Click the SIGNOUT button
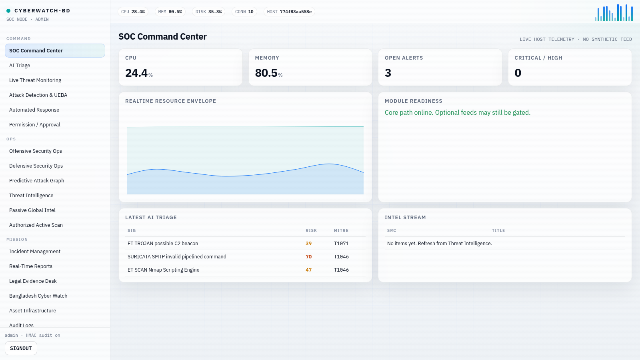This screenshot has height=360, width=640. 21,348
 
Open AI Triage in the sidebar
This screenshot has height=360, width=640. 20,66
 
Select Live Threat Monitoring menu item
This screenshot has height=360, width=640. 35,80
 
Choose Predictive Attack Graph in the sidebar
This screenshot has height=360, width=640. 36,180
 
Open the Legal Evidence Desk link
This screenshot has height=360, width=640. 33,281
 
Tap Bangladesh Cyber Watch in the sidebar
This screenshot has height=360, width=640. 38,296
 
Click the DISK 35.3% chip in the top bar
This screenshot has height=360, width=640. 208,12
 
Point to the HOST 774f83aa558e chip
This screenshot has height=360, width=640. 289,12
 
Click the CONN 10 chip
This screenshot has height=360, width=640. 244,12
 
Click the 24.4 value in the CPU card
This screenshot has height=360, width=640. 136,73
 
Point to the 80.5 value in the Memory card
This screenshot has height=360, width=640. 266,73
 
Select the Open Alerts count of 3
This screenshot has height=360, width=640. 388,73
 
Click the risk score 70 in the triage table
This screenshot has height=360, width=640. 308,256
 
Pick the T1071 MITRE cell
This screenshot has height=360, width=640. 341,244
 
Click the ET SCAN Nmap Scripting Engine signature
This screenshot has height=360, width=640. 164,270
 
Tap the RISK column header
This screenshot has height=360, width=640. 311,230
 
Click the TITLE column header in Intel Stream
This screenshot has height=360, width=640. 498,230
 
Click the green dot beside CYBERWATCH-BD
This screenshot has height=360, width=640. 8,11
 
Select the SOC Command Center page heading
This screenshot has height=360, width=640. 162,36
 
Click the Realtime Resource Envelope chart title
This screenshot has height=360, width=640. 170,101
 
